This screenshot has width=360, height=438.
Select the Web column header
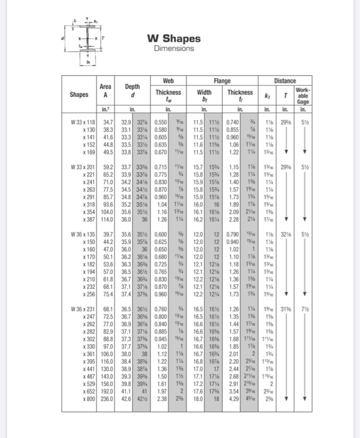pyautogui.click(x=168, y=80)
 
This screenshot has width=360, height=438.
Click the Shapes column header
pyautogui.click(x=80, y=95)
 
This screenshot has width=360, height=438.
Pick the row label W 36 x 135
pyautogui.click(x=83, y=233)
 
